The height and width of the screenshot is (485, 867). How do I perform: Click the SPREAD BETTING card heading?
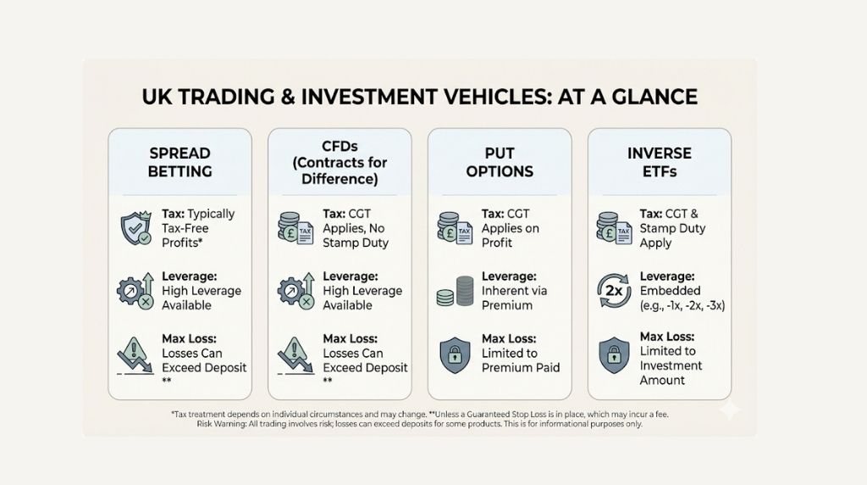coord(179,162)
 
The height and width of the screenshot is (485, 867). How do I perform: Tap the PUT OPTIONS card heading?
coord(500,162)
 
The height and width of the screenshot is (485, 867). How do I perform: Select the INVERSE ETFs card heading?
coord(660,162)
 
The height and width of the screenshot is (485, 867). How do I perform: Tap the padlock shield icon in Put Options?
coord(454,355)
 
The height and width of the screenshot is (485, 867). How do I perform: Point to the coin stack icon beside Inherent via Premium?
coord(454,291)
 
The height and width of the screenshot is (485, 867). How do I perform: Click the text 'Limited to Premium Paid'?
coord(521,360)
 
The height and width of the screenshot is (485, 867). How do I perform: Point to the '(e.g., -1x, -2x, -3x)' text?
coord(682,305)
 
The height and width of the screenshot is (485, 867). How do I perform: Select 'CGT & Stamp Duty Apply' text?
coord(673,228)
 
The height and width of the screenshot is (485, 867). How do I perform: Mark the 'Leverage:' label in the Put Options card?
coord(510,276)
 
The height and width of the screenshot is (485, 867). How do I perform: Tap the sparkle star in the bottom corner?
coord(727,410)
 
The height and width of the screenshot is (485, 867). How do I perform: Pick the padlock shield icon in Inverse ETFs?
coord(613,356)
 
